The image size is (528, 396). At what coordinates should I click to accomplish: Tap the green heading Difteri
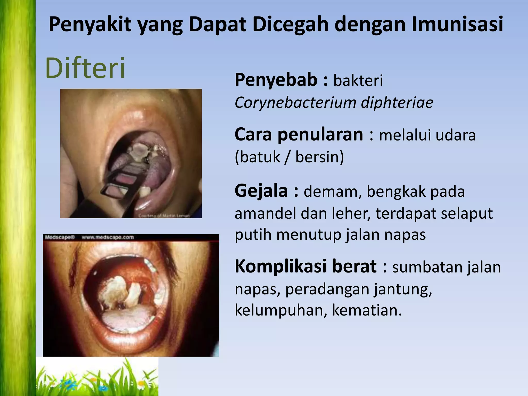(85, 68)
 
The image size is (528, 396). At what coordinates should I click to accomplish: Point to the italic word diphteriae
(397, 102)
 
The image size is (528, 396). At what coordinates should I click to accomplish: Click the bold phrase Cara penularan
(299, 135)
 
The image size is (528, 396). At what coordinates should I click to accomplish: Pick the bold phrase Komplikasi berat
(306, 266)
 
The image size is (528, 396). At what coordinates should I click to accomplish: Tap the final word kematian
(366, 310)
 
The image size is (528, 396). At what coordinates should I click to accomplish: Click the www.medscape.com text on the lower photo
(108, 237)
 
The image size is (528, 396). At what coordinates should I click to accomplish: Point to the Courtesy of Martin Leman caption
(164, 216)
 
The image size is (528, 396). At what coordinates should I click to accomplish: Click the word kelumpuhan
(281, 310)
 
